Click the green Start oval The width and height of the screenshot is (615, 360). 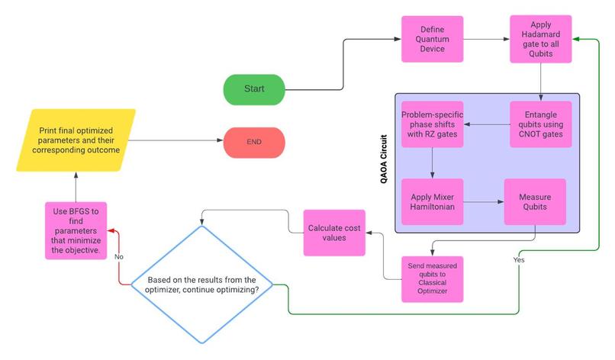[x=254, y=89]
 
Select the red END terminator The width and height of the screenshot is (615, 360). [x=254, y=143]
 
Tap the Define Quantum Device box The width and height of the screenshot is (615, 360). [x=433, y=40]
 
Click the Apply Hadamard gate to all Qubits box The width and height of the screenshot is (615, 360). [x=541, y=40]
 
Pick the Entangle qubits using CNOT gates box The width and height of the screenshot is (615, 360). [x=541, y=124]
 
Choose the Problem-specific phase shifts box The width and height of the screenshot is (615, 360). [x=433, y=124]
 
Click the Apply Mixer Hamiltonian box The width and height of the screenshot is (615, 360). [x=433, y=201]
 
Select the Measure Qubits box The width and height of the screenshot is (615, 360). [x=535, y=201]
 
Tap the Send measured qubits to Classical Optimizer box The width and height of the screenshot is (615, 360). [x=433, y=278]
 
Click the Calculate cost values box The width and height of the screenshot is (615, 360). [x=334, y=233]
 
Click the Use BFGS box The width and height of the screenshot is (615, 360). [x=76, y=230]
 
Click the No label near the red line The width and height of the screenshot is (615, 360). [x=119, y=256]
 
